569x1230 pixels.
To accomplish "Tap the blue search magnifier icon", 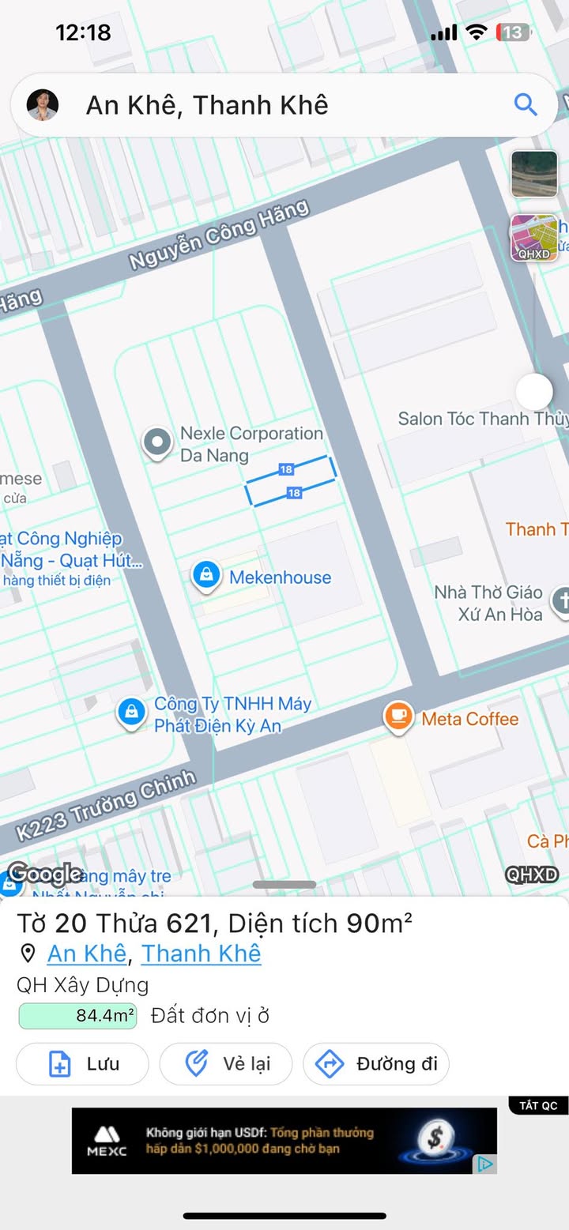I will click(525, 104).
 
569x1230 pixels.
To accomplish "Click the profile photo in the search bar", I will click(43, 104).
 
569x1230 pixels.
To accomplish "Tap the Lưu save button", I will click(82, 1064).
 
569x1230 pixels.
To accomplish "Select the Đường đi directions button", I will click(376, 1064).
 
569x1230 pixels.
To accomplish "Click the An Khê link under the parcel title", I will click(87, 954).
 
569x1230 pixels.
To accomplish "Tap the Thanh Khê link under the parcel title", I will click(201, 954).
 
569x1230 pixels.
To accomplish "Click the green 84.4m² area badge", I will click(77, 1016).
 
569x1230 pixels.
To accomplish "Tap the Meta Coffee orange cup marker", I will click(398, 717).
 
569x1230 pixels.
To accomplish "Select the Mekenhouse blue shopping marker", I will click(206, 575).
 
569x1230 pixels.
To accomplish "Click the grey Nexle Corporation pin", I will click(157, 442).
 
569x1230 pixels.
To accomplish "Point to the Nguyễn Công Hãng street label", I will click(220, 235).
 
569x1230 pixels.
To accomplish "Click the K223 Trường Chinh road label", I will click(106, 805).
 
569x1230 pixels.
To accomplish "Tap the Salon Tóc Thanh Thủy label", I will click(482, 419).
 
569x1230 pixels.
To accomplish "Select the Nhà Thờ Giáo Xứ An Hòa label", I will click(488, 603).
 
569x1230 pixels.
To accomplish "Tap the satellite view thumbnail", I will click(534, 174).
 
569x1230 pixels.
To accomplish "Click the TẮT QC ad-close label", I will click(538, 1105).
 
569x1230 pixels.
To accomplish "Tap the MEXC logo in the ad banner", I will click(107, 1140).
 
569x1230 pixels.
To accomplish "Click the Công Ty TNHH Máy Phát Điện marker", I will click(131, 712).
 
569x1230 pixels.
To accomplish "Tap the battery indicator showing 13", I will click(513, 32).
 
